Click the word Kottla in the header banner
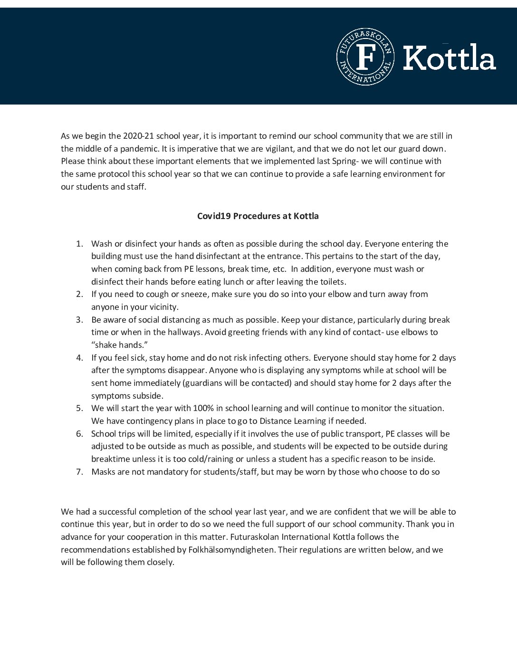tap(449, 57)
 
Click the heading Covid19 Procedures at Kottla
tap(258, 216)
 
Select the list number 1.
tap(79, 244)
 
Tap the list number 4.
tap(79, 358)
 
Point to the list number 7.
tap(79, 472)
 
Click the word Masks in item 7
tap(103, 472)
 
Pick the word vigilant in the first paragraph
tap(278, 149)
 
